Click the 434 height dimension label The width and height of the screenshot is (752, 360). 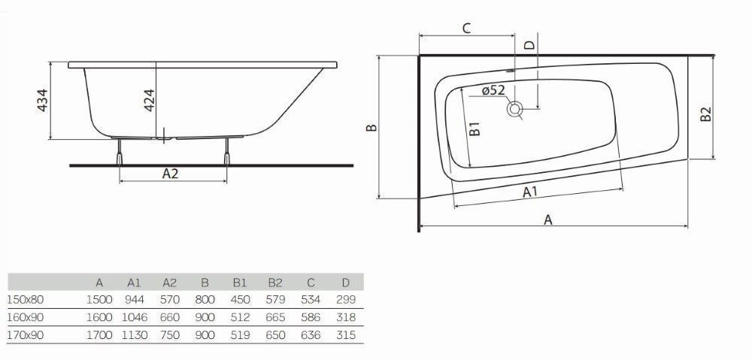(x=43, y=100)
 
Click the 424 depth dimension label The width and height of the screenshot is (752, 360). (x=149, y=100)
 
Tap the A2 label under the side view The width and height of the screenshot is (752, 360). (x=170, y=173)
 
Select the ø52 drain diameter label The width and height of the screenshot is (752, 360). (x=493, y=90)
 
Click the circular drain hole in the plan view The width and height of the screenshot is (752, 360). (x=515, y=109)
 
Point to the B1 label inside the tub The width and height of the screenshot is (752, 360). (x=475, y=129)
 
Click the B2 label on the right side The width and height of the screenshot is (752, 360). (x=705, y=113)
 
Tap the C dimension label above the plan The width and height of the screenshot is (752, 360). (x=467, y=28)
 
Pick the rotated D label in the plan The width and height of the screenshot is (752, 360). (x=529, y=45)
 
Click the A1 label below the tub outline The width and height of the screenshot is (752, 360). (x=530, y=192)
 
